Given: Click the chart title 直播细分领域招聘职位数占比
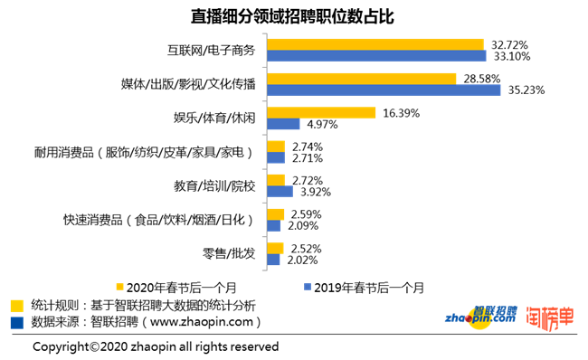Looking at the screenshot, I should pyautogui.click(x=293, y=17).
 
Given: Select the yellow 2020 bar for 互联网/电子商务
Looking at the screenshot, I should pyautogui.click(x=375, y=43).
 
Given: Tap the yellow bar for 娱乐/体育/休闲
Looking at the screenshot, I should pyautogui.click(x=320, y=112).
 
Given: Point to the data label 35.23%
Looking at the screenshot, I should pyautogui.click(x=524, y=90).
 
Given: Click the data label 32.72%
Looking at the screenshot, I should pyautogui.click(x=509, y=43).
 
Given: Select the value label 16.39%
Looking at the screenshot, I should pyautogui.click(x=402, y=112).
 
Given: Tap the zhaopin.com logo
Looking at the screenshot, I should pyautogui.click(x=480, y=317).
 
